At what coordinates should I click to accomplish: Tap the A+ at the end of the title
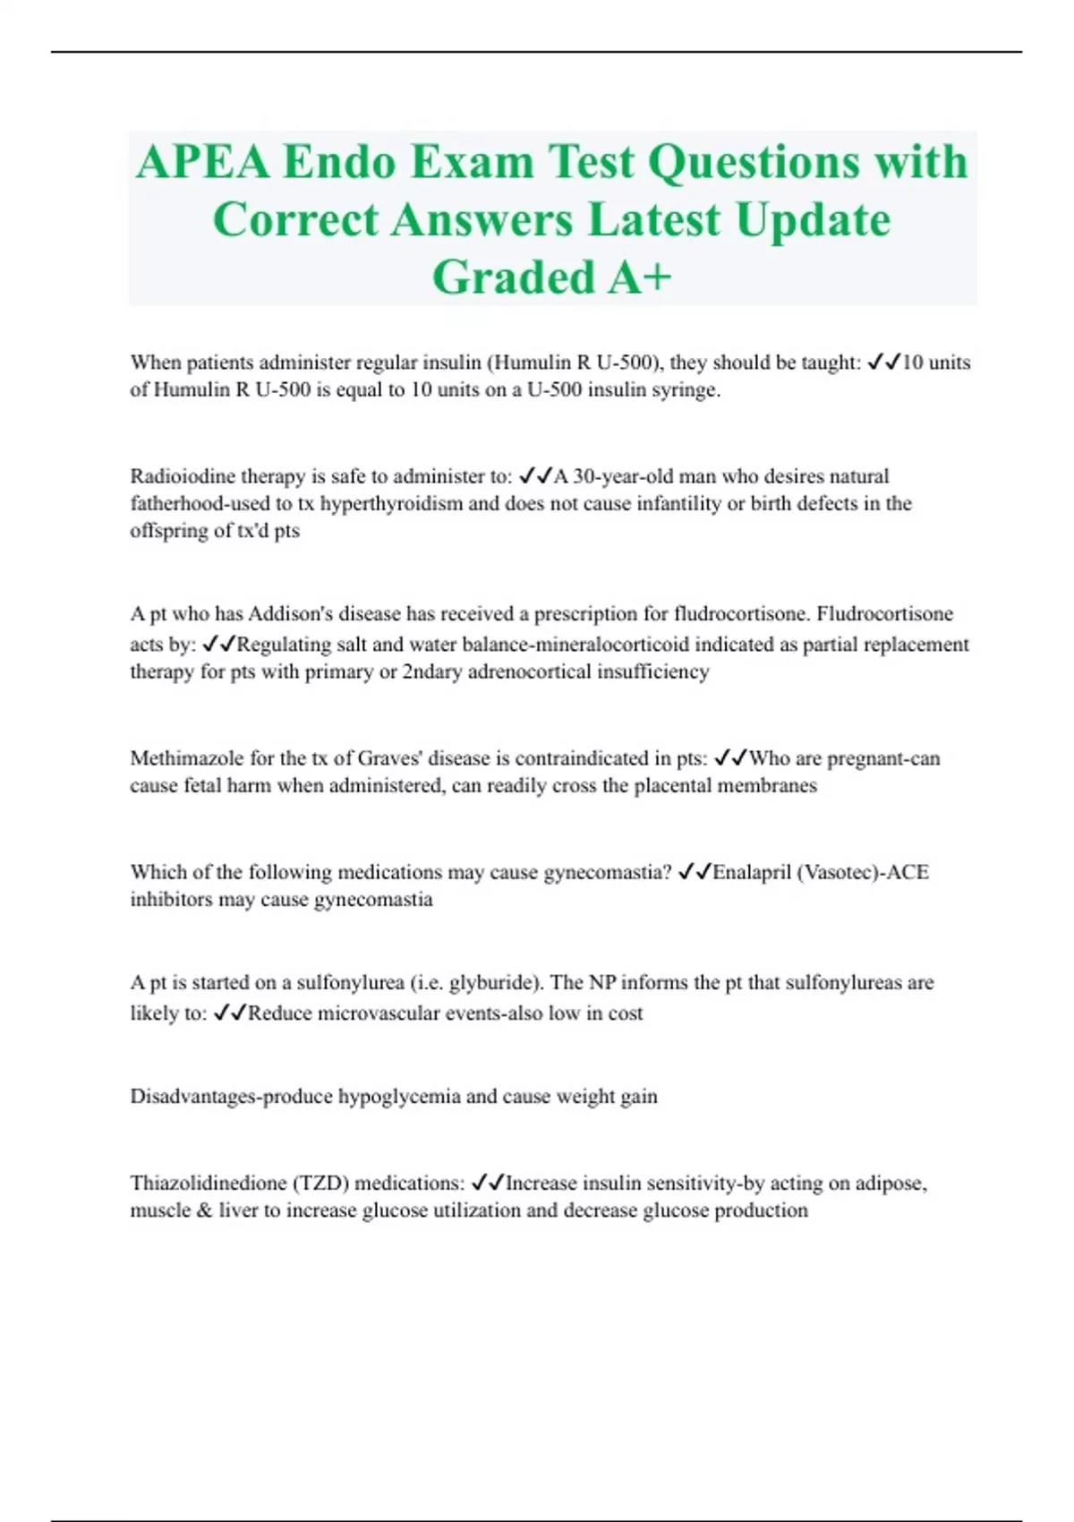639,277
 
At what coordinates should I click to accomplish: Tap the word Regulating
284,645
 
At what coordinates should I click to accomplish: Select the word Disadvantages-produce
231,1097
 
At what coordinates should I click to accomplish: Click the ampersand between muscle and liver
205,1210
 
